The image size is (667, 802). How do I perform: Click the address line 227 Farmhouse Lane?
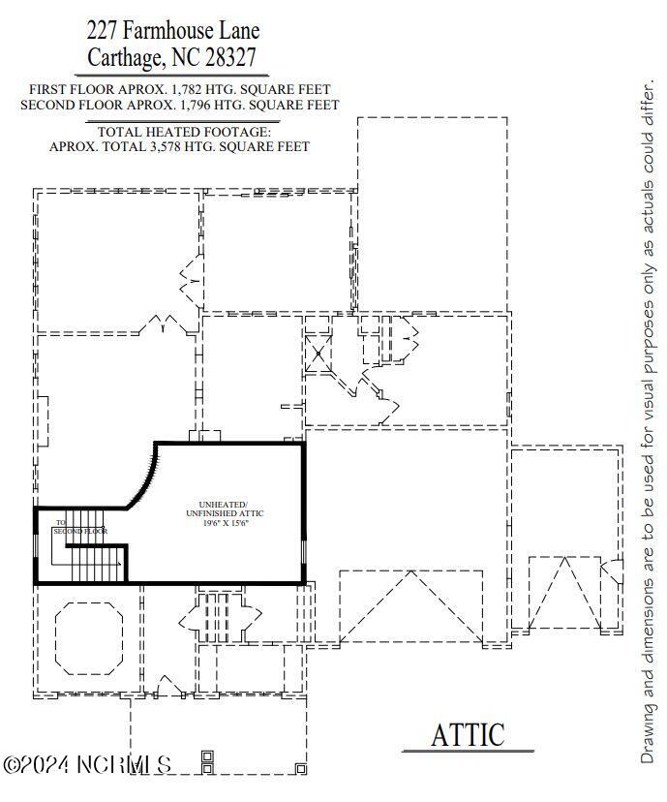(173, 32)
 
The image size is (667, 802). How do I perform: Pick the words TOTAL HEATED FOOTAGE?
(179, 132)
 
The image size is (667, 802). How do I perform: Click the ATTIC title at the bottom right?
(468, 734)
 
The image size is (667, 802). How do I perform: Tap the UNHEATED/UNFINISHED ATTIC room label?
(224, 509)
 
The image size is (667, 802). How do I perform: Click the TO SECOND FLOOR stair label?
(77, 528)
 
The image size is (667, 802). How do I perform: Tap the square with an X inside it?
(318, 354)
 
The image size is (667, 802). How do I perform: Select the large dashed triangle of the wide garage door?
(411, 605)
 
